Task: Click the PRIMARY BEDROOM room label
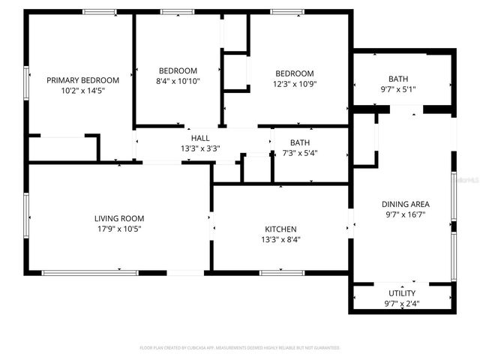pyautogui.click(x=82, y=80)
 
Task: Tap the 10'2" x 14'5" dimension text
pyautogui.click(x=82, y=90)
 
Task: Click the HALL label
pyautogui.click(x=200, y=138)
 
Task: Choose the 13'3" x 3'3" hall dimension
pyautogui.click(x=200, y=148)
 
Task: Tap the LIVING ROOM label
pyautogui.click(x=118, y=218)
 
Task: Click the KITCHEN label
pyautogui.click(x=280, y=229)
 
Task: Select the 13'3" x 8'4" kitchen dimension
pyautogui.click(x=280, y=240)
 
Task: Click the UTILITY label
pyautogui.click(x=402, y=293)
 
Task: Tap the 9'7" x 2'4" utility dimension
pyautogui.click(x=402, y=304)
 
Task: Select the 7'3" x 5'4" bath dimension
pyautogui.click(x=300, y=153)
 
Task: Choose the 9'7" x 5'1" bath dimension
pyautogui.click(x=398, y=89)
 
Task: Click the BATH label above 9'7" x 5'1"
pyautogui.click(x=398, y=79)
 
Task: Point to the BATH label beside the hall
pyautogui.click(x=300, y=142)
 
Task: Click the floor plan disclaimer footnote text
pyautogui.click(x=240, y=348)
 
